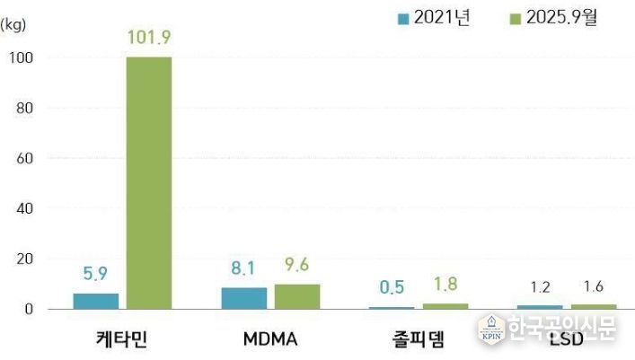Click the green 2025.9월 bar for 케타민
pyautogui.click(x=149, y=183)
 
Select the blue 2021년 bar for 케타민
pyautogui.click(x=95, y=301)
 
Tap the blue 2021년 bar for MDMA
pyautogui.click(x=243, y=298)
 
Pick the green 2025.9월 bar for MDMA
pyautogui.click(x=297, y=296)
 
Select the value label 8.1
pyautogui.click(x=243, y=268)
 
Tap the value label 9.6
pyautogui.click(x=297, y=266)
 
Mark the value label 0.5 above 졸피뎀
pyautogui.click(x=391, y=288)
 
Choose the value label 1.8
pyautogui.click(x=445, y=285)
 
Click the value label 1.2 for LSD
pyautogui.click(x=539, y=287)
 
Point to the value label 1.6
pyautogui.click(x=593, y=287)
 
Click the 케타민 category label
pyautogui.click(x=122, y=340)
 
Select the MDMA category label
pyautogui.click(x=270, y=340)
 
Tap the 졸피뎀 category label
pyautogui.click(x=418, y=340)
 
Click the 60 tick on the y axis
pyautogui.click(x=24, y=159)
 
